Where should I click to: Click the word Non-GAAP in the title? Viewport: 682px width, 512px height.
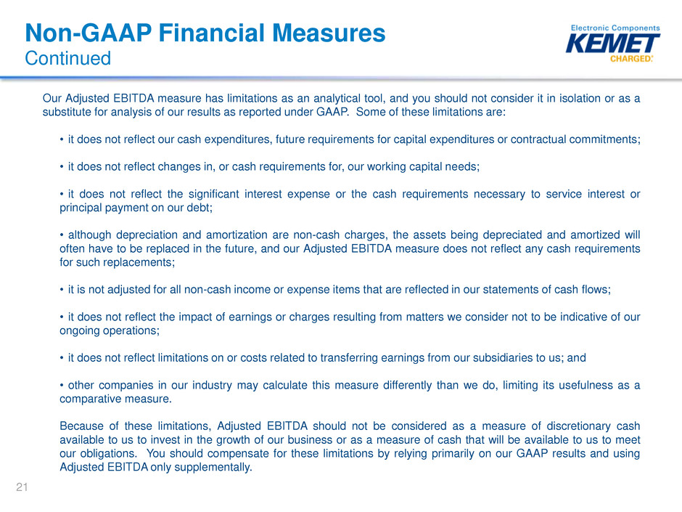(89, 33)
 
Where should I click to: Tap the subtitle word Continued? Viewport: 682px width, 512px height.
(68, 58)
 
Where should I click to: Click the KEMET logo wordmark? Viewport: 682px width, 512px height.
(612, 44)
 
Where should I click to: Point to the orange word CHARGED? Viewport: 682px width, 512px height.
(630, 59)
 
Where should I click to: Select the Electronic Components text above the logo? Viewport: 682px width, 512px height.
(615, 28)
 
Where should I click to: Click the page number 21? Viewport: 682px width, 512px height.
(22, 487)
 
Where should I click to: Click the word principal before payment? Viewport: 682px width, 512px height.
(81, 208)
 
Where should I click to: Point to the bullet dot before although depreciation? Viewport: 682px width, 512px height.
(62, 235)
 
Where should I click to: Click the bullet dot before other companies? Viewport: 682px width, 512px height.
(62, 386)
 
